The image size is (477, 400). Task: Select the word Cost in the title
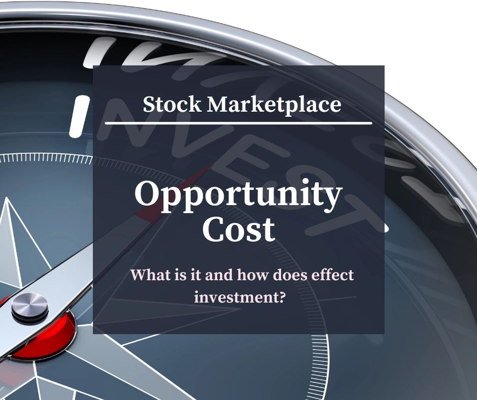click(238, 229)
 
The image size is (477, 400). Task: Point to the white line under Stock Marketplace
click(238, 123)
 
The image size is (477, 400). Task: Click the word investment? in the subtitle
click(238, 297)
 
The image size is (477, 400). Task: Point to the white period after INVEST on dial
click(387, 229)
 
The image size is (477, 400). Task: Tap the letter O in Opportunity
click(147, 195)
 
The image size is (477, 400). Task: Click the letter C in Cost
click(214, 229)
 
